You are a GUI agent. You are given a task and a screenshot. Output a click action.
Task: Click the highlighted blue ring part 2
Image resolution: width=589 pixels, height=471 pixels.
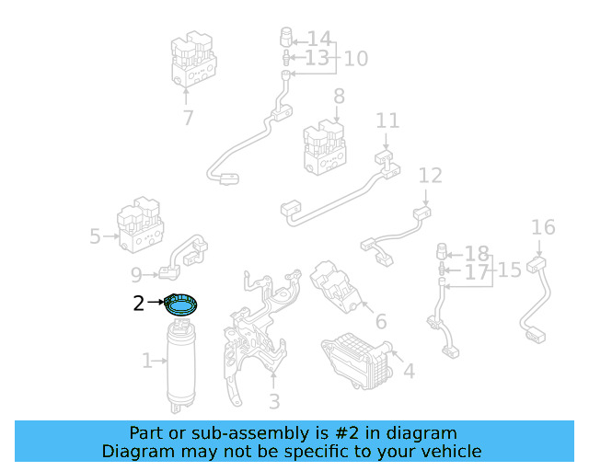pos(182,304)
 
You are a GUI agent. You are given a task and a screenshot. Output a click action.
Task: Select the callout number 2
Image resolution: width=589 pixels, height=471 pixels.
pos(139,303)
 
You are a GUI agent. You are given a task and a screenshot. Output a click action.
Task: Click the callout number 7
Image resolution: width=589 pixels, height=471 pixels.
pos(188,118)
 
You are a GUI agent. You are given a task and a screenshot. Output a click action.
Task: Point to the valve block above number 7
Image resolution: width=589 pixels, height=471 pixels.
pos(194,59)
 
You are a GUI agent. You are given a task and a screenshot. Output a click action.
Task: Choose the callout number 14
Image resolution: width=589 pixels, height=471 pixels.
pos(318,39)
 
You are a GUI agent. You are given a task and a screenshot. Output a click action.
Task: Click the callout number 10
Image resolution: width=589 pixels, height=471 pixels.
pos(355,59)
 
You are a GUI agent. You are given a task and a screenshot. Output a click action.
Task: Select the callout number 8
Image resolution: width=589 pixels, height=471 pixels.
pos(339,96)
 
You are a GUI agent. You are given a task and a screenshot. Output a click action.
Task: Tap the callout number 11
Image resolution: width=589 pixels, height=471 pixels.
pos(387,121)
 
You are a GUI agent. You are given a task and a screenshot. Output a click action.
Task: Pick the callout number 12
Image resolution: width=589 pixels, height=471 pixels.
pos(430,176)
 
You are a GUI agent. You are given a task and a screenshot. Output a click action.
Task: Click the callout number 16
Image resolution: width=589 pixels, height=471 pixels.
pos(543,227)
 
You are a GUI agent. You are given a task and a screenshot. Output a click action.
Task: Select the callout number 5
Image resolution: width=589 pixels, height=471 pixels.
pos(95,236)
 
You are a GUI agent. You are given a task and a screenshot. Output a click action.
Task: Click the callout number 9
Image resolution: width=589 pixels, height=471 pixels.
pos(137,274)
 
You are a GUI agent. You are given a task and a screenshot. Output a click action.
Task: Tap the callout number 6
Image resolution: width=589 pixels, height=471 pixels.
pos(380,322)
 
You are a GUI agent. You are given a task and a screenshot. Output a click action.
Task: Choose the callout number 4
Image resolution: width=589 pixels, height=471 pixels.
pos(409,372)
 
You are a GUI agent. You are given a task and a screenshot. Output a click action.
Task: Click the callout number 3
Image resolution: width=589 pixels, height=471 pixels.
pos(273,402)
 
